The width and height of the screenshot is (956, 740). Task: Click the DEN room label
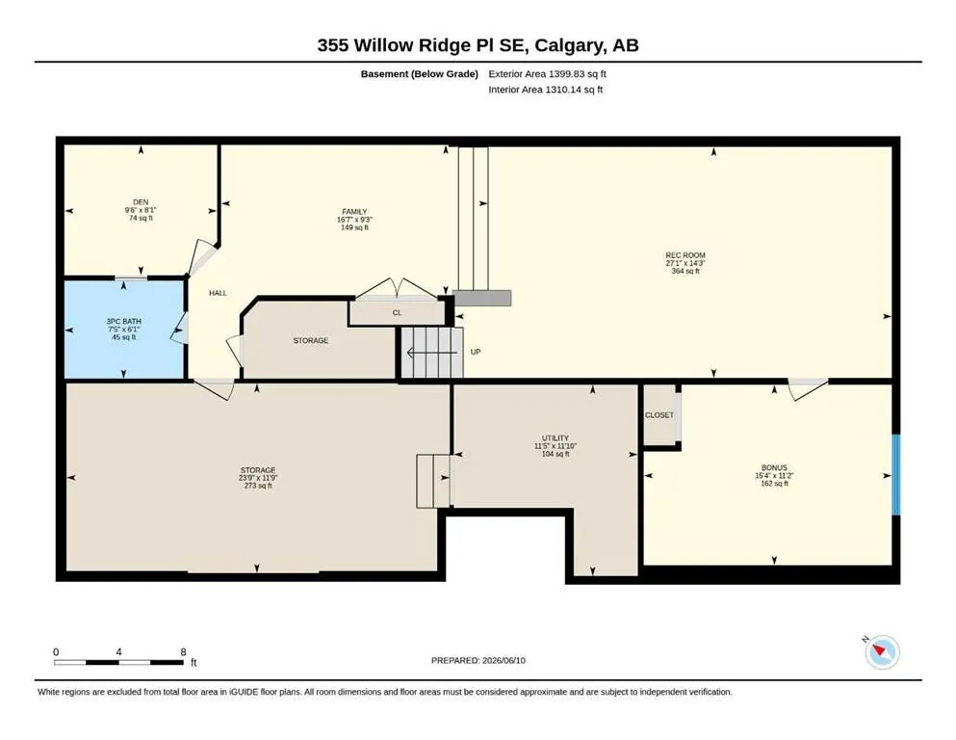[x=141, y=202]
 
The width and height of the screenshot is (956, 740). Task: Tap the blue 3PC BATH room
[x=124, y=330]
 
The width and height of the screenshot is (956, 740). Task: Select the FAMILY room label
[x=354, y=212]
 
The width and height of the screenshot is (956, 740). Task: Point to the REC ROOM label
[x=685, y=255]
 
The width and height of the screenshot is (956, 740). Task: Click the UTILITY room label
[x=556, y=438]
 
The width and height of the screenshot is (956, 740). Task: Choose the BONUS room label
[x=774, y=468]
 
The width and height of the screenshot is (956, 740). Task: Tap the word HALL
[x=218, y=293]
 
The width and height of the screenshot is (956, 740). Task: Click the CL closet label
[x=397, y=312]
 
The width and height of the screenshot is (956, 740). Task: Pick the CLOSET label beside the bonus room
[x=659, y=415]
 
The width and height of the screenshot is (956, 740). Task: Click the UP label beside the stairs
[x=476, y=352]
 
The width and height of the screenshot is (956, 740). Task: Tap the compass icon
[x=882, y=651]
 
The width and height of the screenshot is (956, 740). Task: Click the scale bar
[x=118, y=662]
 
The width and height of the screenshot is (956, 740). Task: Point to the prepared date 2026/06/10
[x=504, y=660]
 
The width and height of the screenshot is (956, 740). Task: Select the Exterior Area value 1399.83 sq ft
[x=578, y=74]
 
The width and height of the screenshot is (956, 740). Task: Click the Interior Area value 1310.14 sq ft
[x=574, y=89]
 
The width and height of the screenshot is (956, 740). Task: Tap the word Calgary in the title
[x=567, y=45]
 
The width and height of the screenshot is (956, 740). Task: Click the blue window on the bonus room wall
[x=896, y=475]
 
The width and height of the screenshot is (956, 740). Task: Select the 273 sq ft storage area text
[x=258, y=486]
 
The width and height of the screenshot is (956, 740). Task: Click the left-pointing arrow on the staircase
[x=431, y=353]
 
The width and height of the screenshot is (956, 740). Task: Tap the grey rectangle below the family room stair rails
[x=481, y=298]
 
